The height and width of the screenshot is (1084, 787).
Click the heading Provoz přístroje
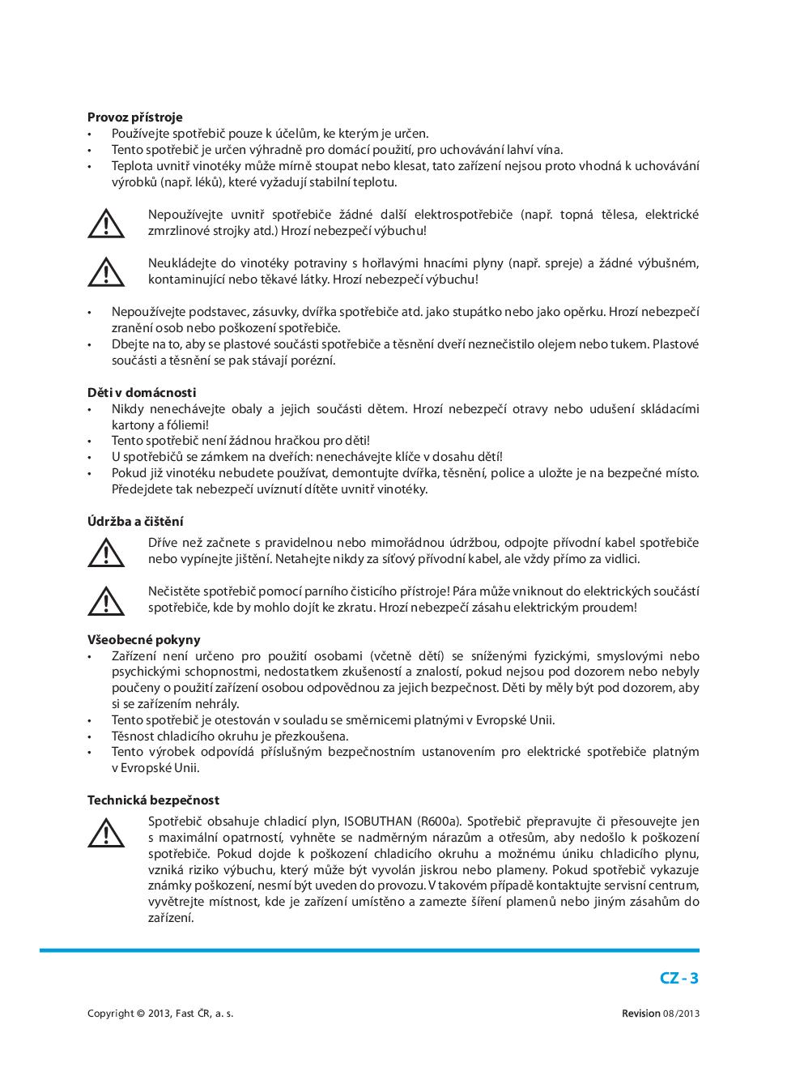[134, 117]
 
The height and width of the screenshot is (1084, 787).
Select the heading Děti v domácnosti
[142, 393]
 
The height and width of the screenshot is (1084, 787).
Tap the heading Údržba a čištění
[135, 522]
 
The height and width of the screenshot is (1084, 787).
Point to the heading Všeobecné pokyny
[143, 640]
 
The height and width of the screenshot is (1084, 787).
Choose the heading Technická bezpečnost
[153, 800]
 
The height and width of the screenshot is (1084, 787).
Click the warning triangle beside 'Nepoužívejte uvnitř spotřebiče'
[106, 224]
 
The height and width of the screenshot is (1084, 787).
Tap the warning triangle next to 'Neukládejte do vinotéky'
[106, 272]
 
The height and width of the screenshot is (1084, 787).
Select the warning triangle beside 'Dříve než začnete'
[106, 553]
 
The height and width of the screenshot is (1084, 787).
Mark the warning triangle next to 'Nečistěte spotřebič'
[106, 601]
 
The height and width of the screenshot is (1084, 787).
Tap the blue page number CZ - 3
[679, 978]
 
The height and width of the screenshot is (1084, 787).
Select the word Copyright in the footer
[110, 1014]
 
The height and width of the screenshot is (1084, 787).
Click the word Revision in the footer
[640, 1014]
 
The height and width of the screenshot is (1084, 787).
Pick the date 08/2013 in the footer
[681, 1014]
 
